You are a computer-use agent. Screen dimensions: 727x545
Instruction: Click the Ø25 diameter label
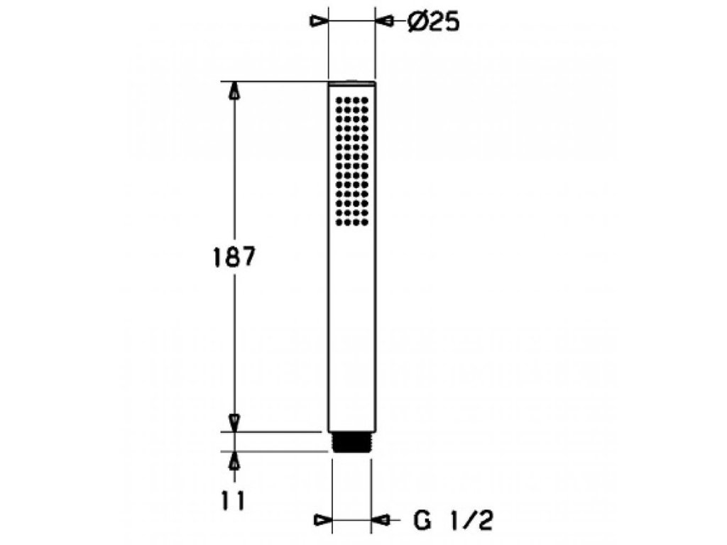[434, 22]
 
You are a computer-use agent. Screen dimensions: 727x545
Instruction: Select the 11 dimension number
[233, 501]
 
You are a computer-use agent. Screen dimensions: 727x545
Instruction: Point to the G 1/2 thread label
[452, 521]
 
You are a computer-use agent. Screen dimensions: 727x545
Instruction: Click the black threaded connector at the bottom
[351, 442]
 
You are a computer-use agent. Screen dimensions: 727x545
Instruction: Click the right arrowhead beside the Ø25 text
[384, 21]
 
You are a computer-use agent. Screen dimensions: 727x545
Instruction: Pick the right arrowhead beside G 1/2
[381, 520]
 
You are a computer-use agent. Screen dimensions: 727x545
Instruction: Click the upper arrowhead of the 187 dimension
[236, 90]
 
